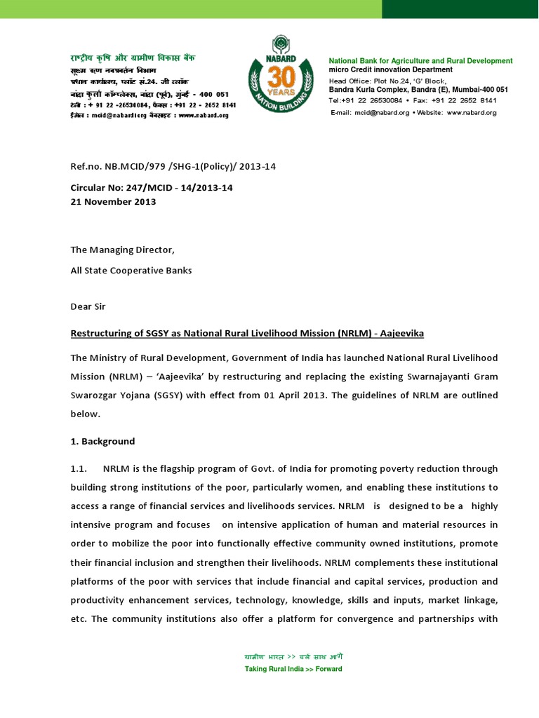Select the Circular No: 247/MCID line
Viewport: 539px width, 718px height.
pyautogui.click(x=152, y=189)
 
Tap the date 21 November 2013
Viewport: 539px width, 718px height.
pyautogui.click(x=113, y=201)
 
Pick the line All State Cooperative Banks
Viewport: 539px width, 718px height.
pyautogui.click(x=131, y=270)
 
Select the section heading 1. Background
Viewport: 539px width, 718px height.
pyautogui.click(x=102, y=442)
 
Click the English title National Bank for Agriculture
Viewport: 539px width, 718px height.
pyautogui.click(x=420, y=61)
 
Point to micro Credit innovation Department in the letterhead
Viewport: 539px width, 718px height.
pyautogui.click(x=391, y=70)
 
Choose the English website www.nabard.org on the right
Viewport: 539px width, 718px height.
pyautogui.click(x=471, y=112)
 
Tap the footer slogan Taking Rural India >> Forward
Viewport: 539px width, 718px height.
pyautogui.click(x=293, y=669)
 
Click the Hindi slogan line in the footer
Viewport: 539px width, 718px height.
pyautogui.click(x=293, y=658)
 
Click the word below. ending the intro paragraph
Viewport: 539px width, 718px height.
pyautogui.click(x=85, y=414)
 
